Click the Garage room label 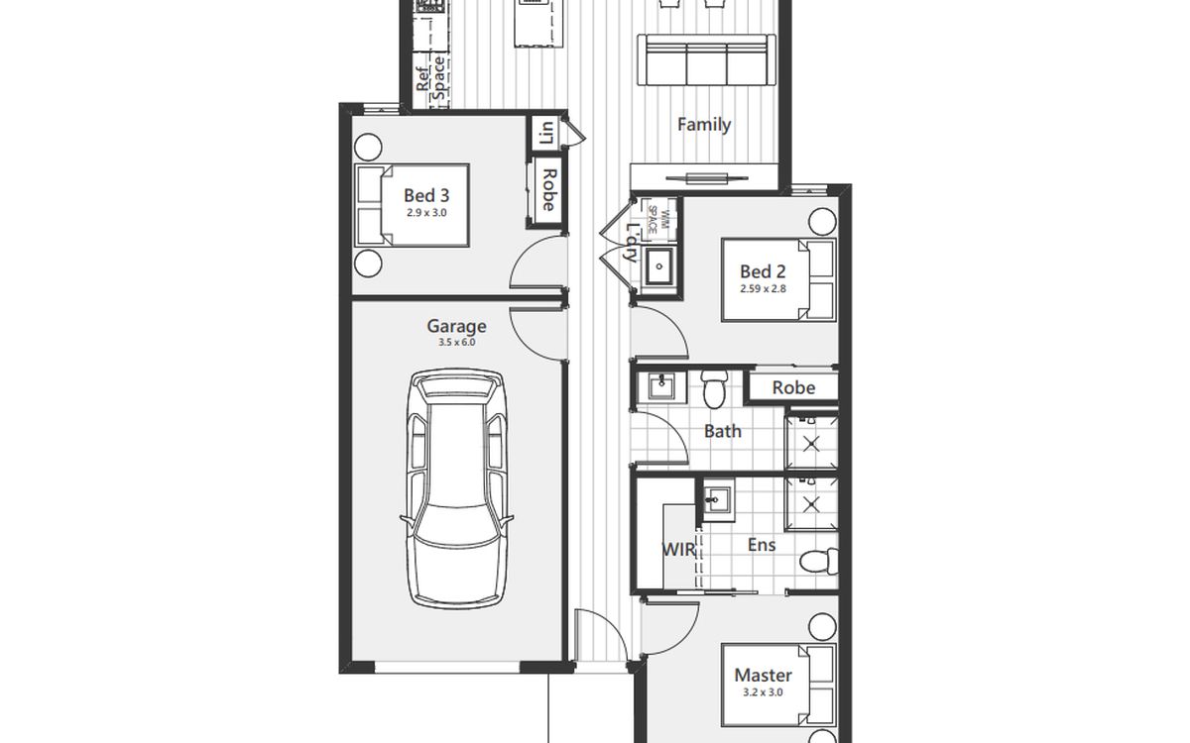pyautogui.click(x=456, y=326)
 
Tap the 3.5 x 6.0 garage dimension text pyautogui.click(x=457, y=343)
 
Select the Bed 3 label pyautogui.click(x=426, y=195)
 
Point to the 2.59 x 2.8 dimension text pyautogui.click(x=763, y=288)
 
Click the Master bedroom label pyautogui.click(x=763, y=675)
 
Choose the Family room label pyautogui.click(x=704, y=125)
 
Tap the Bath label pyautogui.click(x=723, y=431)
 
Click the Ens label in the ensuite pyautogui.click(x=762, y=545)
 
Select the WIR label pyautogui.click(x=678, y=549)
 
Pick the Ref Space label pyautogui.click(x=430, y=78)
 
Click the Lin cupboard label pyautogui.click(x=546, y=133)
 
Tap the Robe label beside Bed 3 pyautogui.click(x=548, y=189)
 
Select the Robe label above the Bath pyautogui.click(x=793, y=387)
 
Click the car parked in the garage pyautogui.click(x=456, y=488)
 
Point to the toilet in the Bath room pyautogui.click(x=714, y=389)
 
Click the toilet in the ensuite pyautogui.click(x=819, y=561)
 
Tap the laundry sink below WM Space pyautogui.click(x=659, y=266)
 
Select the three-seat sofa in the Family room pyautogui.click(x=706, y=60)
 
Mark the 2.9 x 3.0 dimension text pyautogui.click(x=426, y=213)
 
